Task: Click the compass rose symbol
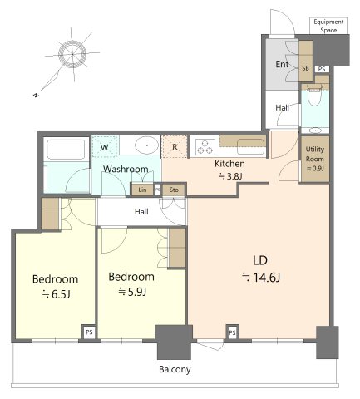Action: tap(72, 54)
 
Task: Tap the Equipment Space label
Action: tap(328, 26)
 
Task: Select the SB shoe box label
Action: tap(305, 68)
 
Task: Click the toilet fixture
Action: tap(314, 95)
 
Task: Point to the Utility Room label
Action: tap(314, 154)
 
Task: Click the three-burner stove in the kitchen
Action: tap(205, 146)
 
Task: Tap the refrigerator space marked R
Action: tap(175, 146)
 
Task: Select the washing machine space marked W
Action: tap(105, 147)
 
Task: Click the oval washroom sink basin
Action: tap(147, 145)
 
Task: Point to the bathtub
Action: tap(66, 150)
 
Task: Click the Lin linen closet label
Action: tap(142, 190)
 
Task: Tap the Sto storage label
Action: tap(174, 190)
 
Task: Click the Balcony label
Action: tap(175, 369)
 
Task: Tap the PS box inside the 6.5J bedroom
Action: tap(89, 332)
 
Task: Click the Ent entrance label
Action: tap(282, 64)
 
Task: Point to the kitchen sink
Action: tap(250, 146)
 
